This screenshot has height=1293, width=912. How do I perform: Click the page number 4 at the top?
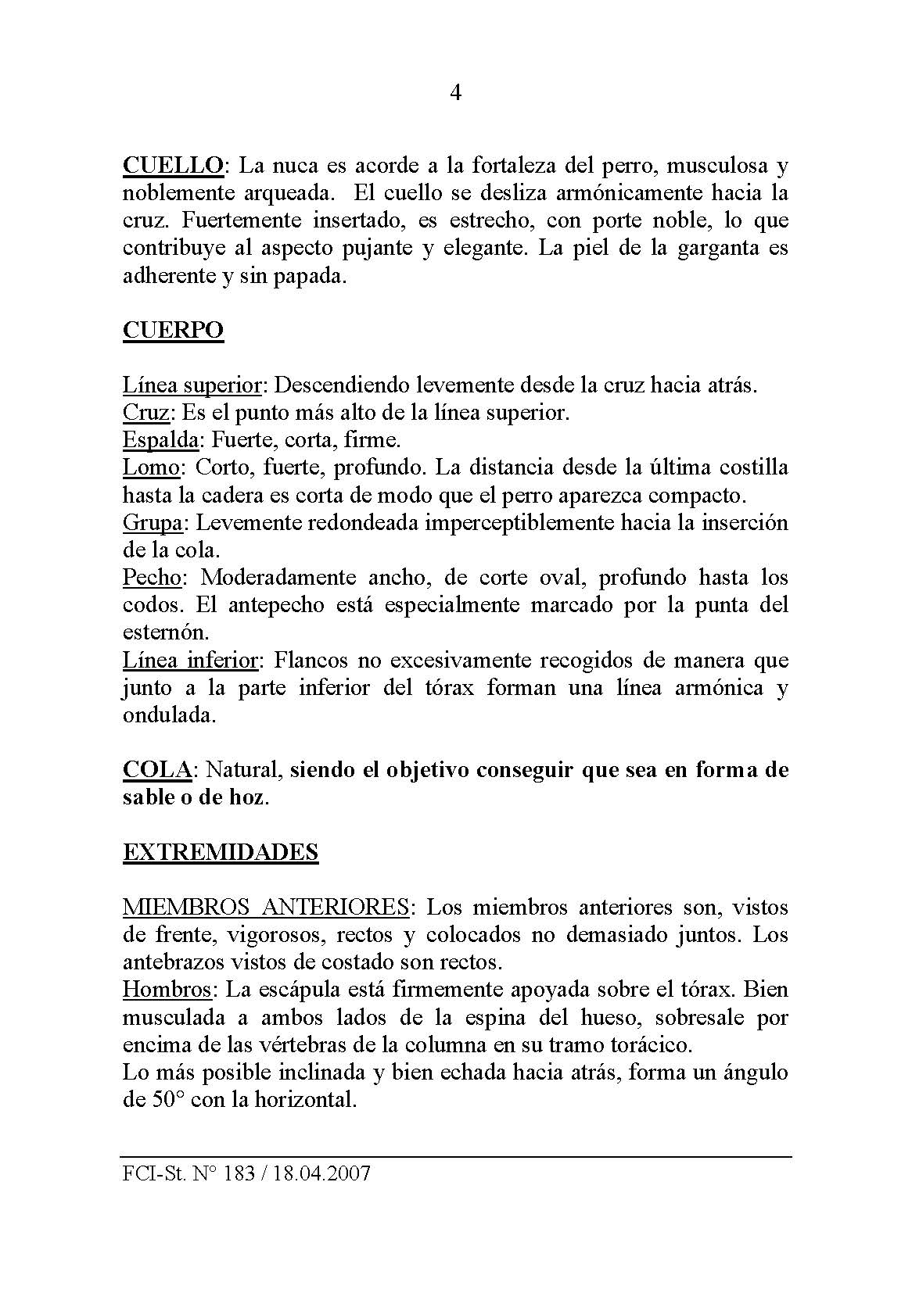tap(456, 94)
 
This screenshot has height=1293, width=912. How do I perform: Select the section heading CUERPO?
tap(173, 330)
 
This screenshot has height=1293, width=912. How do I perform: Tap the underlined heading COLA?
tap(157, 770)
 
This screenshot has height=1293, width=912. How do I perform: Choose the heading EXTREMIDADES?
tap(221, 852)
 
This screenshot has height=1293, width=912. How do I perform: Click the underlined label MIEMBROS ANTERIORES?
tap(266, 907)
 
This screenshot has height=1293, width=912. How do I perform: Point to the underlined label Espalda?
tap(160, 439)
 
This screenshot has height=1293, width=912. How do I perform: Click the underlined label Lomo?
tap(152, 467)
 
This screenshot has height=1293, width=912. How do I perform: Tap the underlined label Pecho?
tap(153, 578)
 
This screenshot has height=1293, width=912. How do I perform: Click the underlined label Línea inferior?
tap(190, 661)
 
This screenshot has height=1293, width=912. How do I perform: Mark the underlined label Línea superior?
tap(192, 385)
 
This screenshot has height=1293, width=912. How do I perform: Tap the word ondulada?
tap(167, 715)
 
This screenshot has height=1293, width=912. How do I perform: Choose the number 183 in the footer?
tap(238, 1174)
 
